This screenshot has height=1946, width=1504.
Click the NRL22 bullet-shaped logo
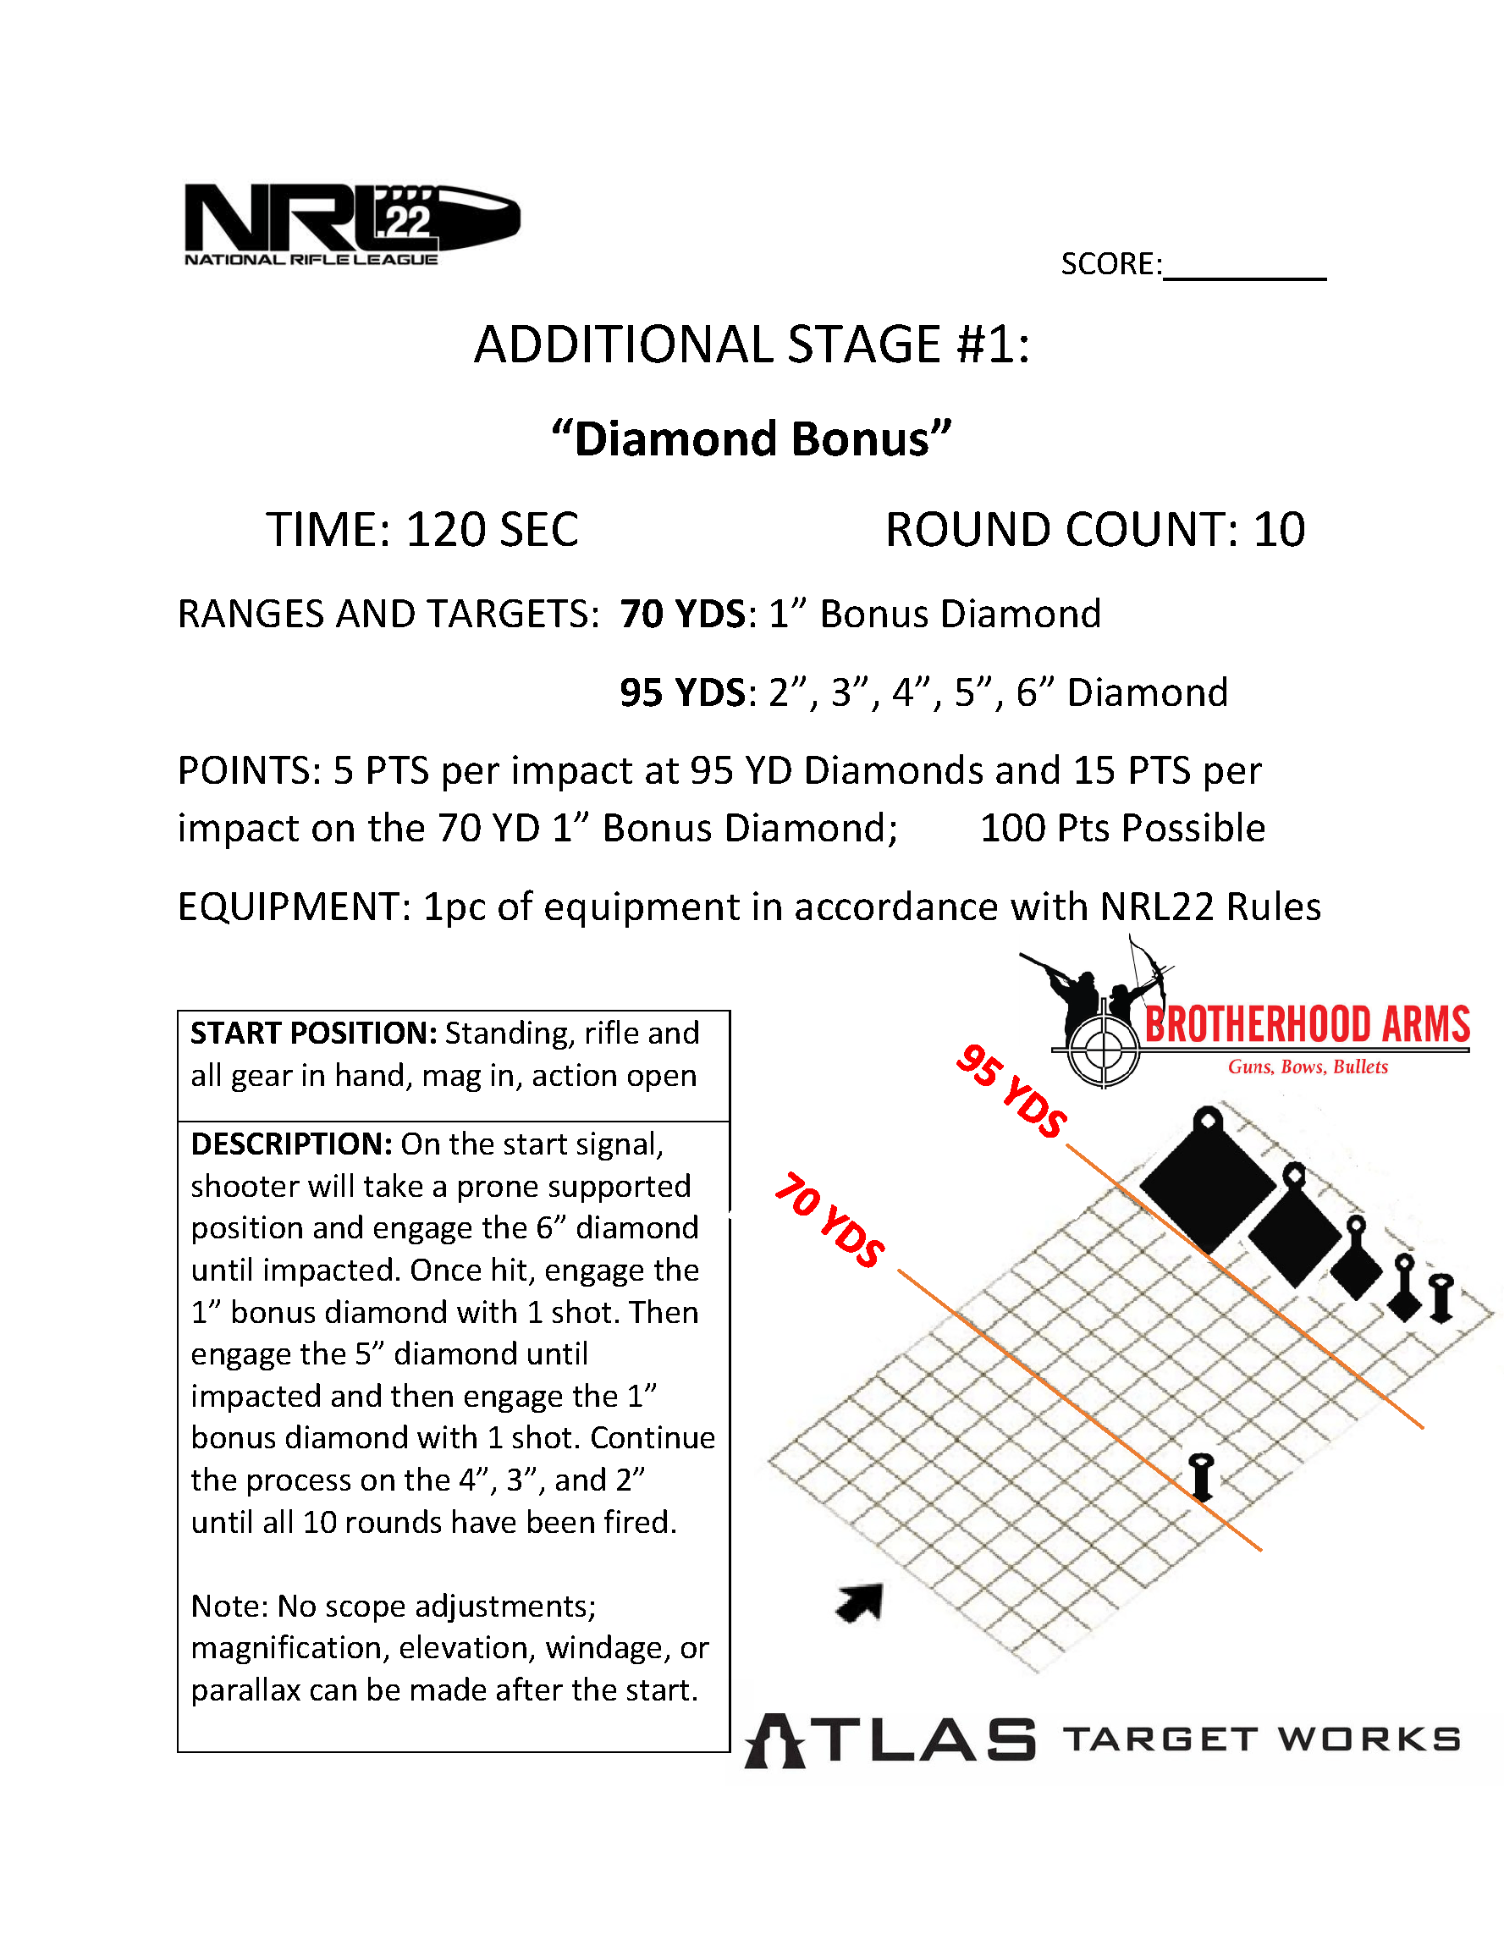tap(351, 223)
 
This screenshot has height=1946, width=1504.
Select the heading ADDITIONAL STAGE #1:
tap(751, 345)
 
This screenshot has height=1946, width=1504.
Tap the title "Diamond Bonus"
tap(751, 439)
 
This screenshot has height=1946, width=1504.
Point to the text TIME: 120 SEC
tap(422, 529)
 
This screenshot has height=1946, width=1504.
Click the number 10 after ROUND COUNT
tap(1280, 529)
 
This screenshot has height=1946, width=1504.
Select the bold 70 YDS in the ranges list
tap(681, 615)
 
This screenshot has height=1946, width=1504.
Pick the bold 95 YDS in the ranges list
tap(681, 693)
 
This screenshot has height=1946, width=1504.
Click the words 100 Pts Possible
tap(1121, 829)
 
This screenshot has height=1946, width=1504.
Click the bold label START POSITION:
tap(314, 1034)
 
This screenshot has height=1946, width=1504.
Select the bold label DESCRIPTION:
tap(291, 1144)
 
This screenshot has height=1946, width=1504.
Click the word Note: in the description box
tap(230, 1606)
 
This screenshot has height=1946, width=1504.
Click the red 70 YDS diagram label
tap(829, 1221)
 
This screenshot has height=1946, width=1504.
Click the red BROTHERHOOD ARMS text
tap(1306, 1025)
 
